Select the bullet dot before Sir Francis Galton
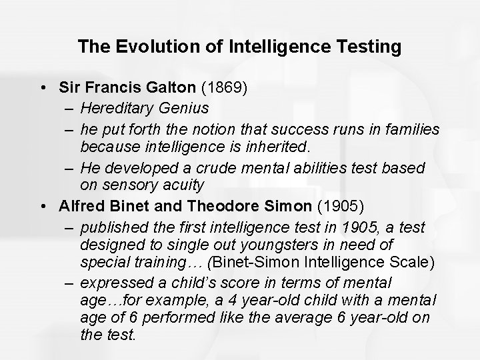click(x=44, y=87)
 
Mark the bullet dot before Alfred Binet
click(x=44, y=205)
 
